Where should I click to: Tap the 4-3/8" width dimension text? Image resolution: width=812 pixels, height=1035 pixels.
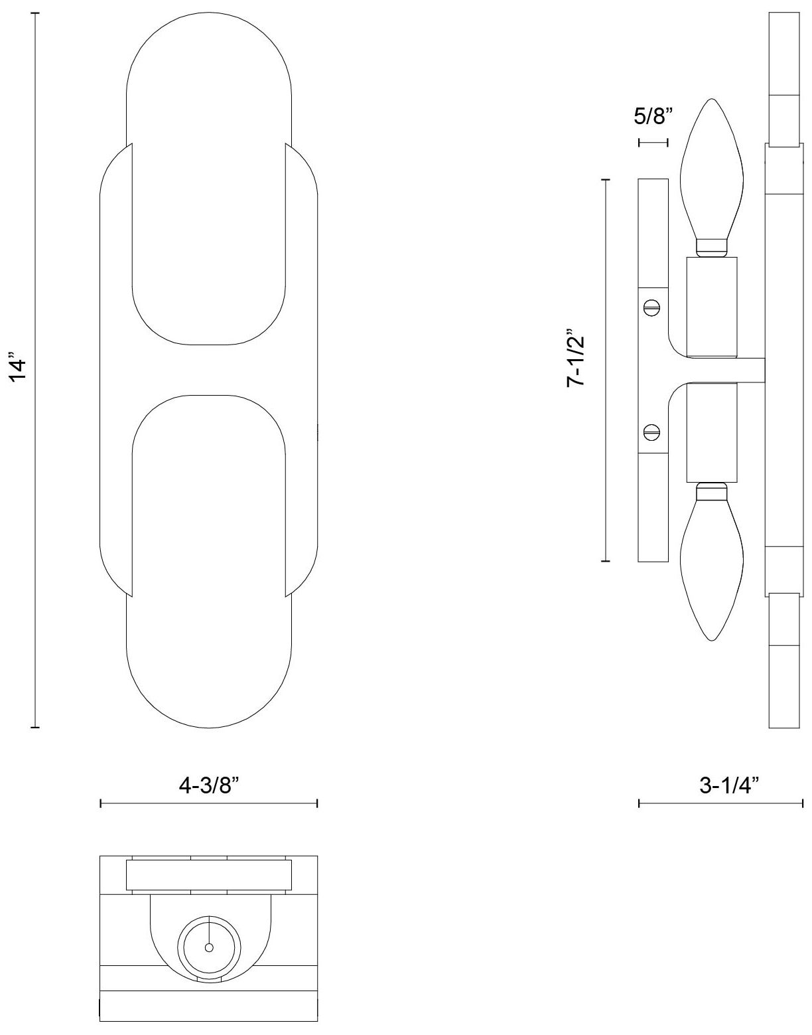click(x=208, y=785)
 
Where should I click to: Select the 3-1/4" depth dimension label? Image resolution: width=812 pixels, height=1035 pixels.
click(x=728, y=785)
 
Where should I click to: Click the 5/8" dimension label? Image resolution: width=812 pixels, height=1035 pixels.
click(x=653, y=116)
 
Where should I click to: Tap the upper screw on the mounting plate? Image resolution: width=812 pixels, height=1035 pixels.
click(x=651, y=307)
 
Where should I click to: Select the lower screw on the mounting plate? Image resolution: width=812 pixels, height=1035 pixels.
click(x=651, y=432)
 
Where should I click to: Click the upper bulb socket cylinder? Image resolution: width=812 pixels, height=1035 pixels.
click(x=712, y=307)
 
